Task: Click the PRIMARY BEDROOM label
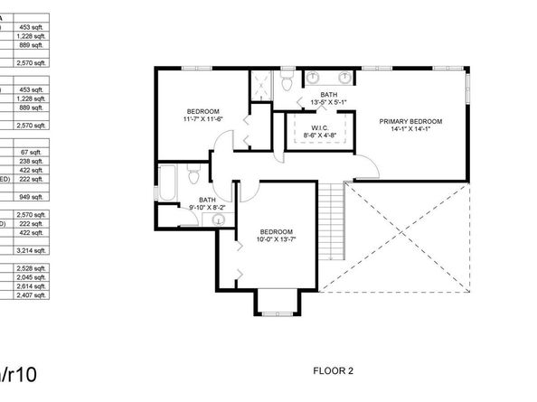pyautogui.click(x=410, y=120)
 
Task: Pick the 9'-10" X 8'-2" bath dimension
pyautogui.click(x=207, y=207)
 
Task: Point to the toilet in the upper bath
pyautogui.click(x=286, y=84)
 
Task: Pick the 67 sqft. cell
pyautogui.click(x=34, y=152)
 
